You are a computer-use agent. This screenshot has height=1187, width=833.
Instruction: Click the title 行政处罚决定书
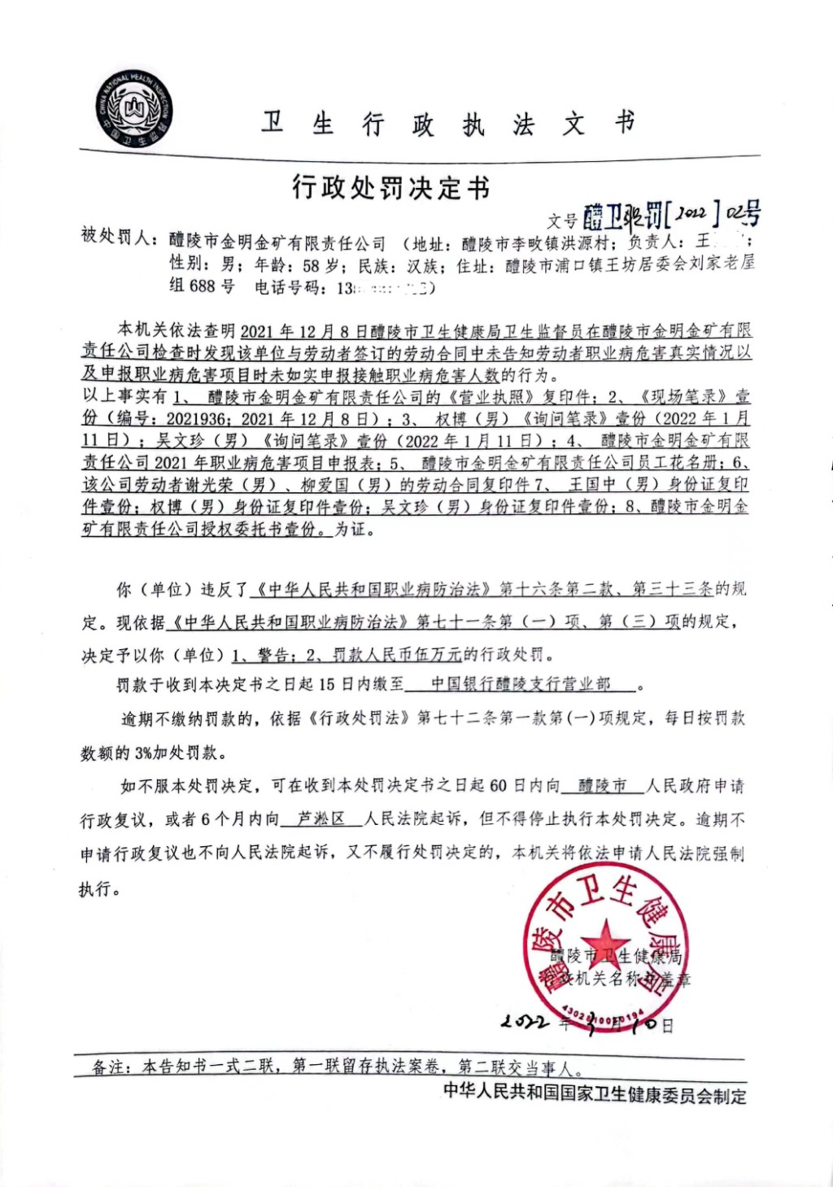click(x=391, y=188)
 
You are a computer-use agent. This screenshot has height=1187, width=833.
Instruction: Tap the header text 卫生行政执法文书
click(x=447, y=124)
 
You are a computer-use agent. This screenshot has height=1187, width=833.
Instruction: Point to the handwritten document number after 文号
click(x=672, y=215)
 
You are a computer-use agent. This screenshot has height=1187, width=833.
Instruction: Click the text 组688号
click(x=202, y=286)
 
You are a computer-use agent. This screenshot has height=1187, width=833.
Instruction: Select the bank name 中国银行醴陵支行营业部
click(x=521, y=684)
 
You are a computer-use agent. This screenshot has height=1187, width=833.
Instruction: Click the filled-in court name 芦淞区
click(x=321, y=819)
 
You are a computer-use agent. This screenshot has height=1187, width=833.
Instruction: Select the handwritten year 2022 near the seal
click(x=525, y=1022)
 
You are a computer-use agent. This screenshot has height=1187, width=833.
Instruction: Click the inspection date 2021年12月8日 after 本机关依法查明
click(x=294, y=331)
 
